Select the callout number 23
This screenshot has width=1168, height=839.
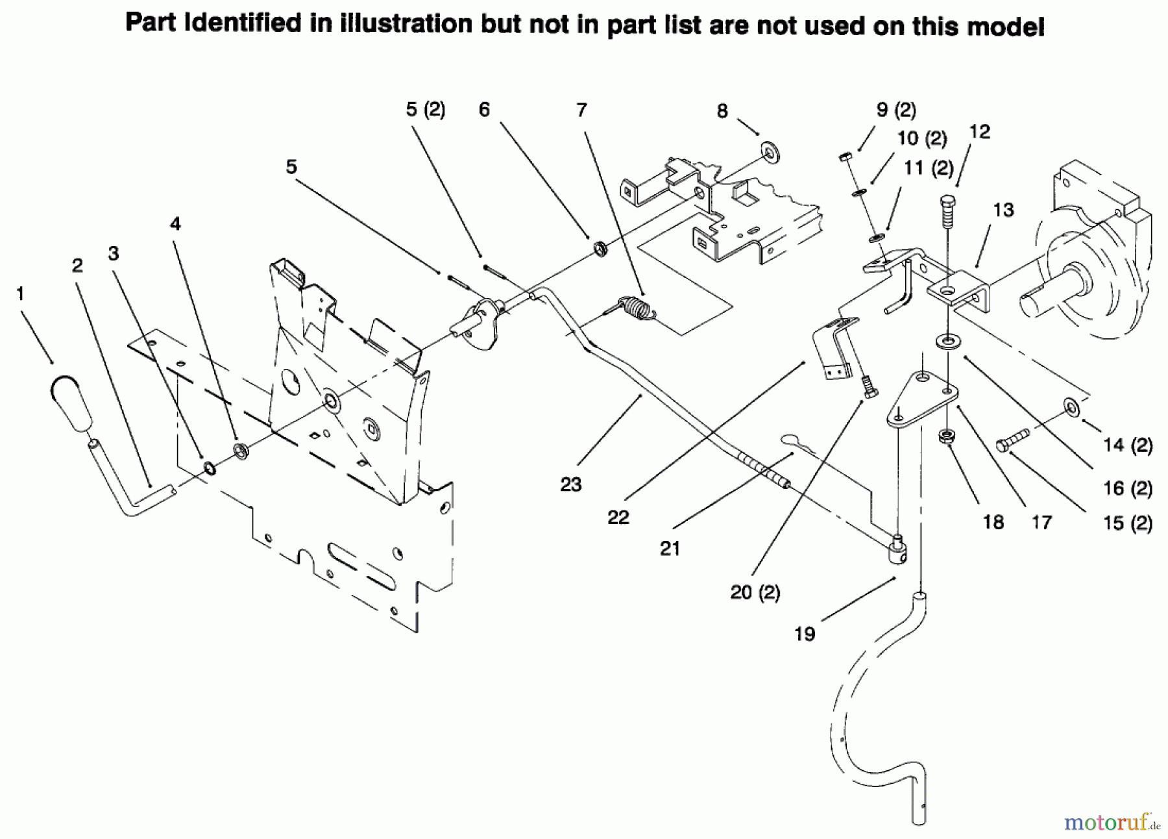tap(570, 484)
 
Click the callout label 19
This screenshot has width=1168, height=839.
tap(804, 634)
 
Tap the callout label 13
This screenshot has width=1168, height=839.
tap(1003, 210)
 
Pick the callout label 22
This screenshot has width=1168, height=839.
tap(618, 518)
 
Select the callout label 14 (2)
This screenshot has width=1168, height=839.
tap(1128, 445)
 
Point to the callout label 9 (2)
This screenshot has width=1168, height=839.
tap(895, 110)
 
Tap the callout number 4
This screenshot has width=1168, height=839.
tap(175, 224)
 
